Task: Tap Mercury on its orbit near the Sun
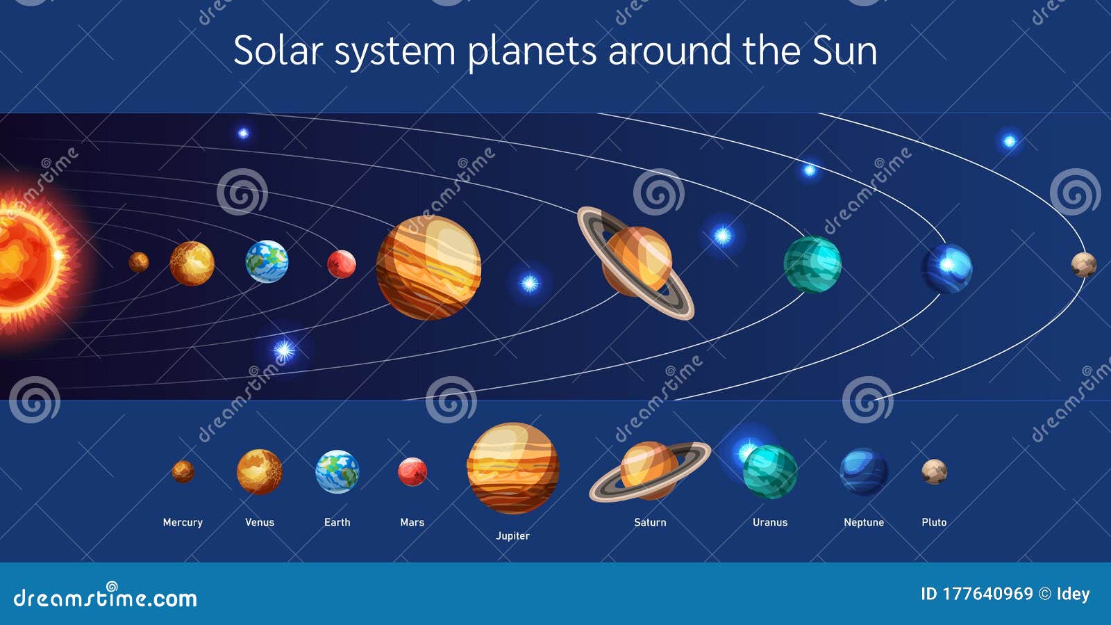coord(139,262)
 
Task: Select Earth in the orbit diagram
coord(267,261)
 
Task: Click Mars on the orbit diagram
coord(342,264)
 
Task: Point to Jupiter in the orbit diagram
coord(428,268)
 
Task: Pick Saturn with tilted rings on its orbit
coord(636,262)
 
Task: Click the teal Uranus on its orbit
coord(812,264)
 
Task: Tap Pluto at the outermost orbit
coord(1083,265)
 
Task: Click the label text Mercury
coord(183,522)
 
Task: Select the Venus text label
coord(260,522)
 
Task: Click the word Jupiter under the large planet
coord(512,536)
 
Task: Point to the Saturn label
coord(650,522)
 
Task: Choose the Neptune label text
coord(864,522)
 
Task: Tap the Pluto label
coord(934,522)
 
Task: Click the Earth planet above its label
coord(337,471)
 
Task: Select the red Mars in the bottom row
coord(412,471)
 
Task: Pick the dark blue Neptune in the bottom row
coord(864,471)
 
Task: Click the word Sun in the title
coord(844,51)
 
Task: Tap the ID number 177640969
coord(987,594)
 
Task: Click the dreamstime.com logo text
coord(106,599)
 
